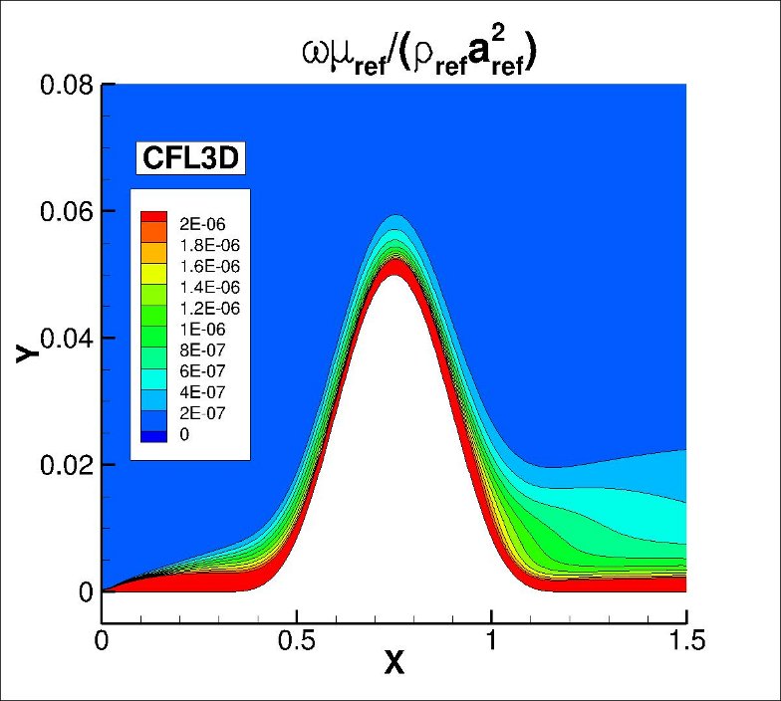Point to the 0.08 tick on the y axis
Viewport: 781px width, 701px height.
tap(67, 86)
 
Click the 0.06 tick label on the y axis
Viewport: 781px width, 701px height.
tap(67, 212)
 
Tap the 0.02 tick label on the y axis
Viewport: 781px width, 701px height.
tap(67, 465)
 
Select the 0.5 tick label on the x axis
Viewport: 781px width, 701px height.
tap(296, 642)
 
